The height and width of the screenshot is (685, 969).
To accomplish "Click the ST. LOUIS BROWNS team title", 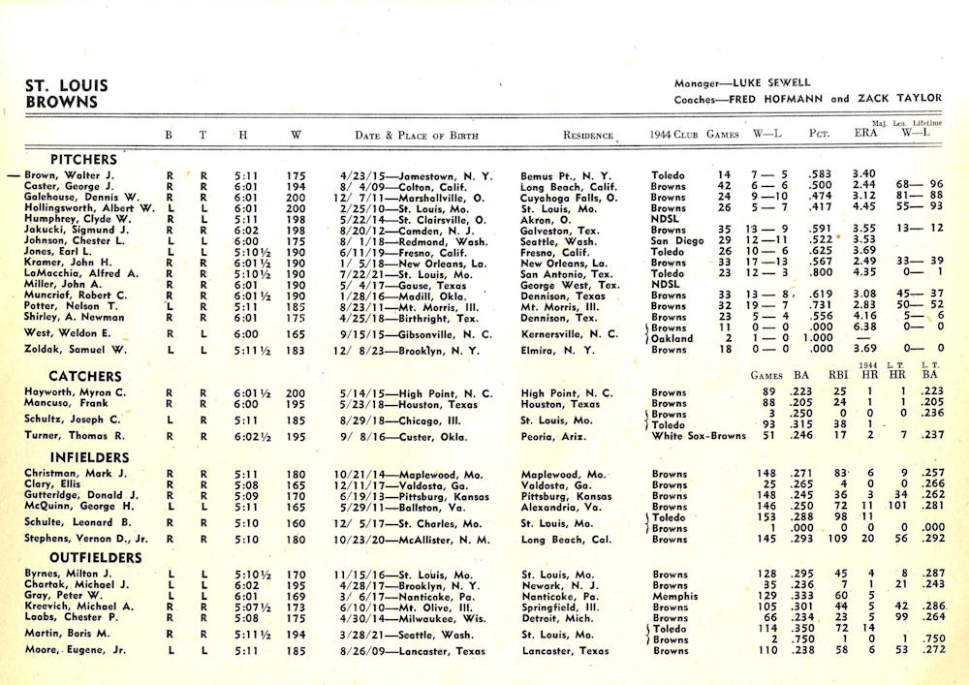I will point(67,92).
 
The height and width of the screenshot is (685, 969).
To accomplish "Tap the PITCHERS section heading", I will point(83,159).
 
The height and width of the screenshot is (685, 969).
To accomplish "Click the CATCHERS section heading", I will point(85,376).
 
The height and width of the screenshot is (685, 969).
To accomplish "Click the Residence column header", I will point(587,136).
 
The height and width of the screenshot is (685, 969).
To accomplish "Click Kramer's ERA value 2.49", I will point(838,262).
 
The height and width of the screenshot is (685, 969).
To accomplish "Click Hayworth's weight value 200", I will point(296,393).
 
